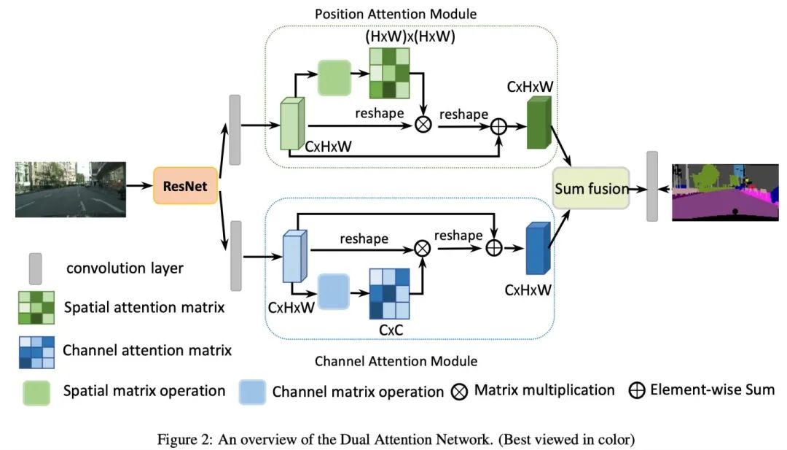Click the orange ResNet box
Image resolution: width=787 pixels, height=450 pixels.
[185, 186]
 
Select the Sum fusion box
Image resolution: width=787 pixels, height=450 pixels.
[591, 188]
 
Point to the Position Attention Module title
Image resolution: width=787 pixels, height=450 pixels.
[396, 14]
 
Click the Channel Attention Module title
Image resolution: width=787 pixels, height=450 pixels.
[396, 361]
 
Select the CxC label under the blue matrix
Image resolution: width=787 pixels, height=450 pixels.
[391, 329]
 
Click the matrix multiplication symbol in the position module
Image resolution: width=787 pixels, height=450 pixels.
[423, 124]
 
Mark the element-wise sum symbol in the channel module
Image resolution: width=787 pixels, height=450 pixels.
[495, 248]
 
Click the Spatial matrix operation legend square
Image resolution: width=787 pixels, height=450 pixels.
[36, 391]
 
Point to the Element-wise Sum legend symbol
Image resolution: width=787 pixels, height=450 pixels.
[637, 390]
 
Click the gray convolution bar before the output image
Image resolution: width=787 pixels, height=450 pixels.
[652, 185]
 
